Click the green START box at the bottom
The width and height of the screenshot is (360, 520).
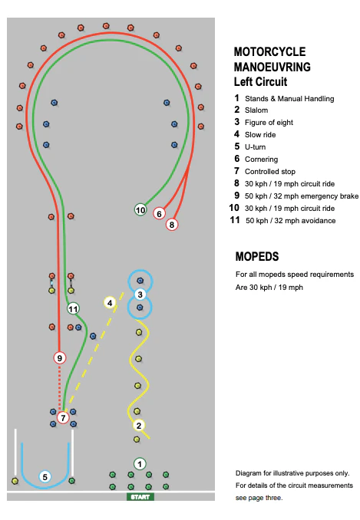pyautogui.click(x=140, y=497)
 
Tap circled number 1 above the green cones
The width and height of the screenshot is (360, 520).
pyautogui.click(x=140, y=464)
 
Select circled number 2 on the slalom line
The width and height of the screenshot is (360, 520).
pyautogui.click(x=139, y=426)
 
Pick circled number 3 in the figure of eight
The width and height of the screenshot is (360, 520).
pyautogui.click(x=140, y=295)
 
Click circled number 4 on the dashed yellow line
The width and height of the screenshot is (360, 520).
pyautogui.click(x=110, y=302)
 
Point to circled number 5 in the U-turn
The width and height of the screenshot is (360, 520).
pyautogui.click(x=45, y=477)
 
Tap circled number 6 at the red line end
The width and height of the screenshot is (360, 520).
pyautogui.click(x=159, y=213)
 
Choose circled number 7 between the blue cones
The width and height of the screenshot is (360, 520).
pyautogui.click(x=63, y=417)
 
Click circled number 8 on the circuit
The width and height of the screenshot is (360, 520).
pyautogui.click(x=172, y=225)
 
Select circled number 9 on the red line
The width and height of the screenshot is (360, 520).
pyautogui.click(x=60, y=358)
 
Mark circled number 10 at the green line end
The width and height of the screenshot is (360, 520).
pyautogui.click(x=140, y=210)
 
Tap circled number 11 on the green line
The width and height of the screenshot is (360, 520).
pyautogui.click(x=73, y=309)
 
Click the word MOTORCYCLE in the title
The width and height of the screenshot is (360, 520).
pyautogui.click(x=269, y=51)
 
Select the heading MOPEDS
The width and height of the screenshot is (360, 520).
pyautogui.click(x=257, y=256)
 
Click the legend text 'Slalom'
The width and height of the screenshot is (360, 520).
pyautogui.click(x=256, y=110)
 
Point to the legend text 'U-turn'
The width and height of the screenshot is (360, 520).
pyautogui.click(x=255, y=147)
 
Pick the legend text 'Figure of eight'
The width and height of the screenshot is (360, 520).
pyautogui.click(x=269, y=123)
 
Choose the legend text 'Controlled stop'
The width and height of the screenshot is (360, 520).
pyautogui.click(x=270, y=172)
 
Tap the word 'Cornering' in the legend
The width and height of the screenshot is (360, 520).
pyautogui.click(x=262, y=160)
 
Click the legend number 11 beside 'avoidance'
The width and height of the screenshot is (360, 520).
pyautogui.click(x=235, y=220)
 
